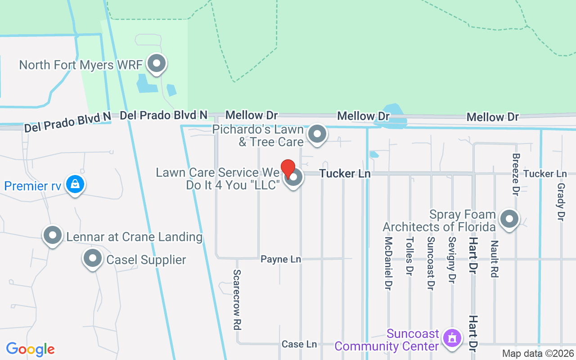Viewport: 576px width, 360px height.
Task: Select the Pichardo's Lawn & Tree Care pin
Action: click(x=317, y=134)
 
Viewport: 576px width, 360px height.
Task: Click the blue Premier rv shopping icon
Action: click(x=75, y=184)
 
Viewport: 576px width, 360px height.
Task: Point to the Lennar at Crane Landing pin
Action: click(x=53, y=235)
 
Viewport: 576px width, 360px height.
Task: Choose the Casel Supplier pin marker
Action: click(x=93, y=259)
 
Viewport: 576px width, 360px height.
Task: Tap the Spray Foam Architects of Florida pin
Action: click(x=509, y=220)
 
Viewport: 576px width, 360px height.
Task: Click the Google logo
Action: click(x=30, y=349)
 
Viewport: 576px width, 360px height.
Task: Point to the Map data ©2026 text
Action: click(x=538, y=354)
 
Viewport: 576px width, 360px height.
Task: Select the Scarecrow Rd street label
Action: click(x=237, y=300)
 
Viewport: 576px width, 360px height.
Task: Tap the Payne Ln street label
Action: click(x=281, y=259)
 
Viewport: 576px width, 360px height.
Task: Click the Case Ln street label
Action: click(x=299, y=344)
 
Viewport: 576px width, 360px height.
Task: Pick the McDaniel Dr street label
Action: click(x=388, y=263)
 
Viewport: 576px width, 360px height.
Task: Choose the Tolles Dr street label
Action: click(x=409, y=256)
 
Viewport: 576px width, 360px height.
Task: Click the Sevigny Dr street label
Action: click(x=452, y=260)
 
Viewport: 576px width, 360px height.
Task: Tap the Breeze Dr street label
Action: click(x=516, y=174)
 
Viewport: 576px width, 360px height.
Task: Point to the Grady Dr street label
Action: click(x=561, y=202)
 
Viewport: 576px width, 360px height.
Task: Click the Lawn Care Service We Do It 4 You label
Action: click(x=218, y=179)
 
